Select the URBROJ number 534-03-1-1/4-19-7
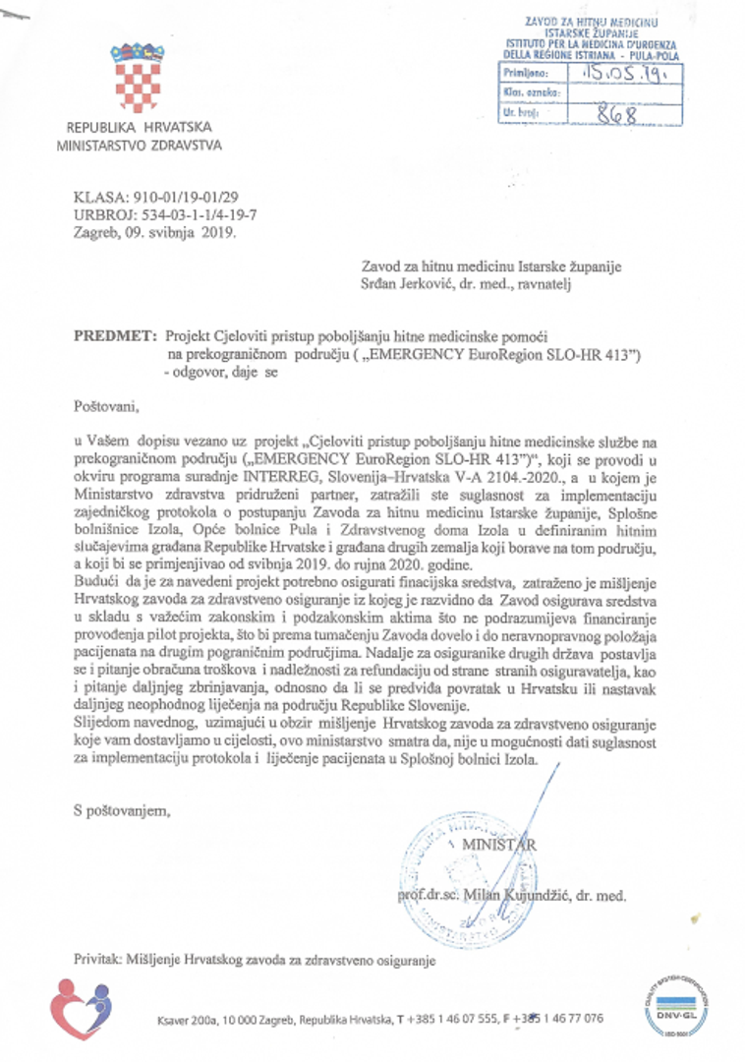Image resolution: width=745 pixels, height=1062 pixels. tap(192, 215)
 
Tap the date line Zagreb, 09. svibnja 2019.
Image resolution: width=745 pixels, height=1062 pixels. tap(154, 234)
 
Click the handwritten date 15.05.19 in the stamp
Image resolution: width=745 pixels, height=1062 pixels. tap(618, 73)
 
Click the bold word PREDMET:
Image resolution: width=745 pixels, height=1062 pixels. tap(115, 335)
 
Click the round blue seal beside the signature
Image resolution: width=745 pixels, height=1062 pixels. tap(442, 879)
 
